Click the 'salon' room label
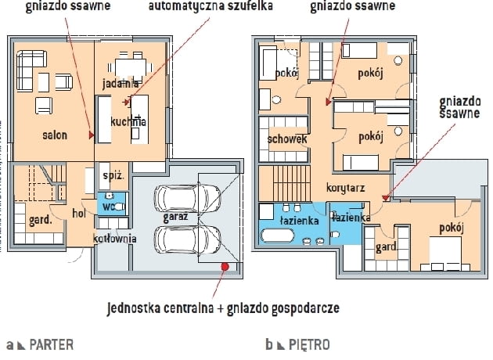(54, 135)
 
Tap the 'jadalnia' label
(121, 83)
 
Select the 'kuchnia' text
(129, 122)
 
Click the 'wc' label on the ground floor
(109, 207)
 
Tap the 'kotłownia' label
(115, 238)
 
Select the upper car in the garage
(188, 200)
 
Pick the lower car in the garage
(188, 239)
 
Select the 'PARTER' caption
(51, 344)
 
